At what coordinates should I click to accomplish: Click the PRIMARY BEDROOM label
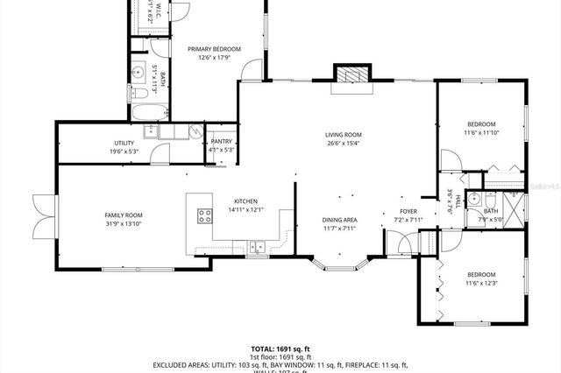[x=214, y=49]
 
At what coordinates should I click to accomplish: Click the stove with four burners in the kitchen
[x=204, y=215]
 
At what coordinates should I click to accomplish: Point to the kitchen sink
[x=257, y=247]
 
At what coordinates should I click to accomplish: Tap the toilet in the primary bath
[x=140, y=93]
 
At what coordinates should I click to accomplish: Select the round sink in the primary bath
[x=138, y=71]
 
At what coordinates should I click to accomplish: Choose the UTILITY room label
[x=124, y=142]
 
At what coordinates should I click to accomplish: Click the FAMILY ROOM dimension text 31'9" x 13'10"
[x=124, y=224]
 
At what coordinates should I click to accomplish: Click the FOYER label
[x=408, y=210]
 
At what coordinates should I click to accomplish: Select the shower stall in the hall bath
[x=514, y=207]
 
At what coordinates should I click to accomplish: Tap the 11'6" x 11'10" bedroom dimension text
[x=480, y=133]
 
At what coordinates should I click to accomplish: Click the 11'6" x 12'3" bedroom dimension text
[x=480, y=283]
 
